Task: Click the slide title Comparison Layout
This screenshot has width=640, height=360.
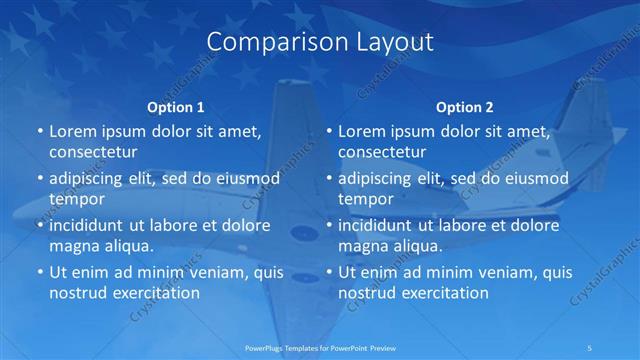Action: coord(320,42)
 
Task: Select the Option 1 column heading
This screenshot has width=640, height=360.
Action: coord(176,107)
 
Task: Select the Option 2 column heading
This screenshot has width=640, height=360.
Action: coord(465,107)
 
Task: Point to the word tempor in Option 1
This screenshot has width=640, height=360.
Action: coord(76,199)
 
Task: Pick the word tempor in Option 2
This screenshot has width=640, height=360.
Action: coord(366,199)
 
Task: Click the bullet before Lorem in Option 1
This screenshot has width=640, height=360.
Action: coord(40,132)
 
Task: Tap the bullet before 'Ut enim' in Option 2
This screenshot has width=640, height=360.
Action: coord(330,272)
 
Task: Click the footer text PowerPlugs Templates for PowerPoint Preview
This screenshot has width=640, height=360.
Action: coord(320,347)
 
